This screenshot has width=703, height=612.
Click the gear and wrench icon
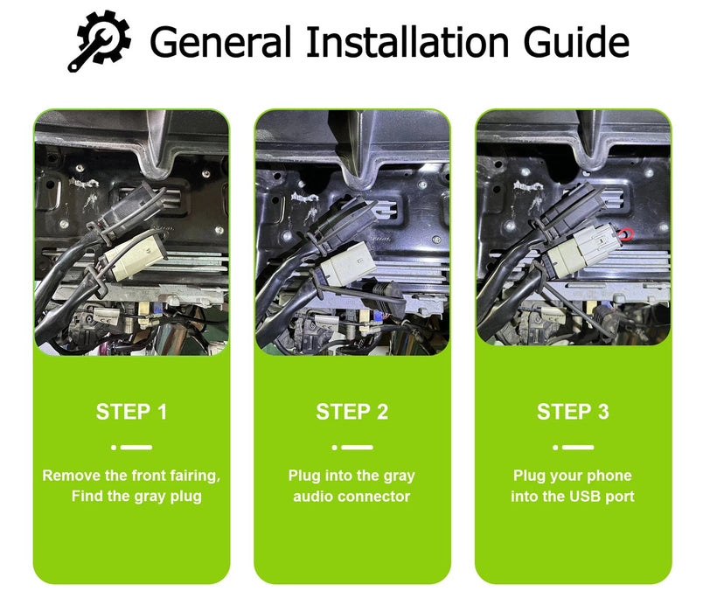pos(100,41)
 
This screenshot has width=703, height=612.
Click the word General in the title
pos(221,42)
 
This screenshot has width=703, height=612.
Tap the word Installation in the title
pos(407,42)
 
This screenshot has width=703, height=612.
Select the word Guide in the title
pos(576,42)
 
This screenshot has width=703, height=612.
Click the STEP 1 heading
pos(131,412)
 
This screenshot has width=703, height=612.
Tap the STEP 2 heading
pos(352,412)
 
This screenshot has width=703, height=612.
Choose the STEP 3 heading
pos(573,412)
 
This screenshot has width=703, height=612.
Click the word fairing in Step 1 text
pos(195,476)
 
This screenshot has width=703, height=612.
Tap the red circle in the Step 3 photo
pos(626,234)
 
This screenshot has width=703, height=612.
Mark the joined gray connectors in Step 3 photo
pos(582,250)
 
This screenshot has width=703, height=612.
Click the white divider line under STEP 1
pos(132,447)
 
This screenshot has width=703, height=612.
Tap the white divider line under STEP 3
pos(574,447)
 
